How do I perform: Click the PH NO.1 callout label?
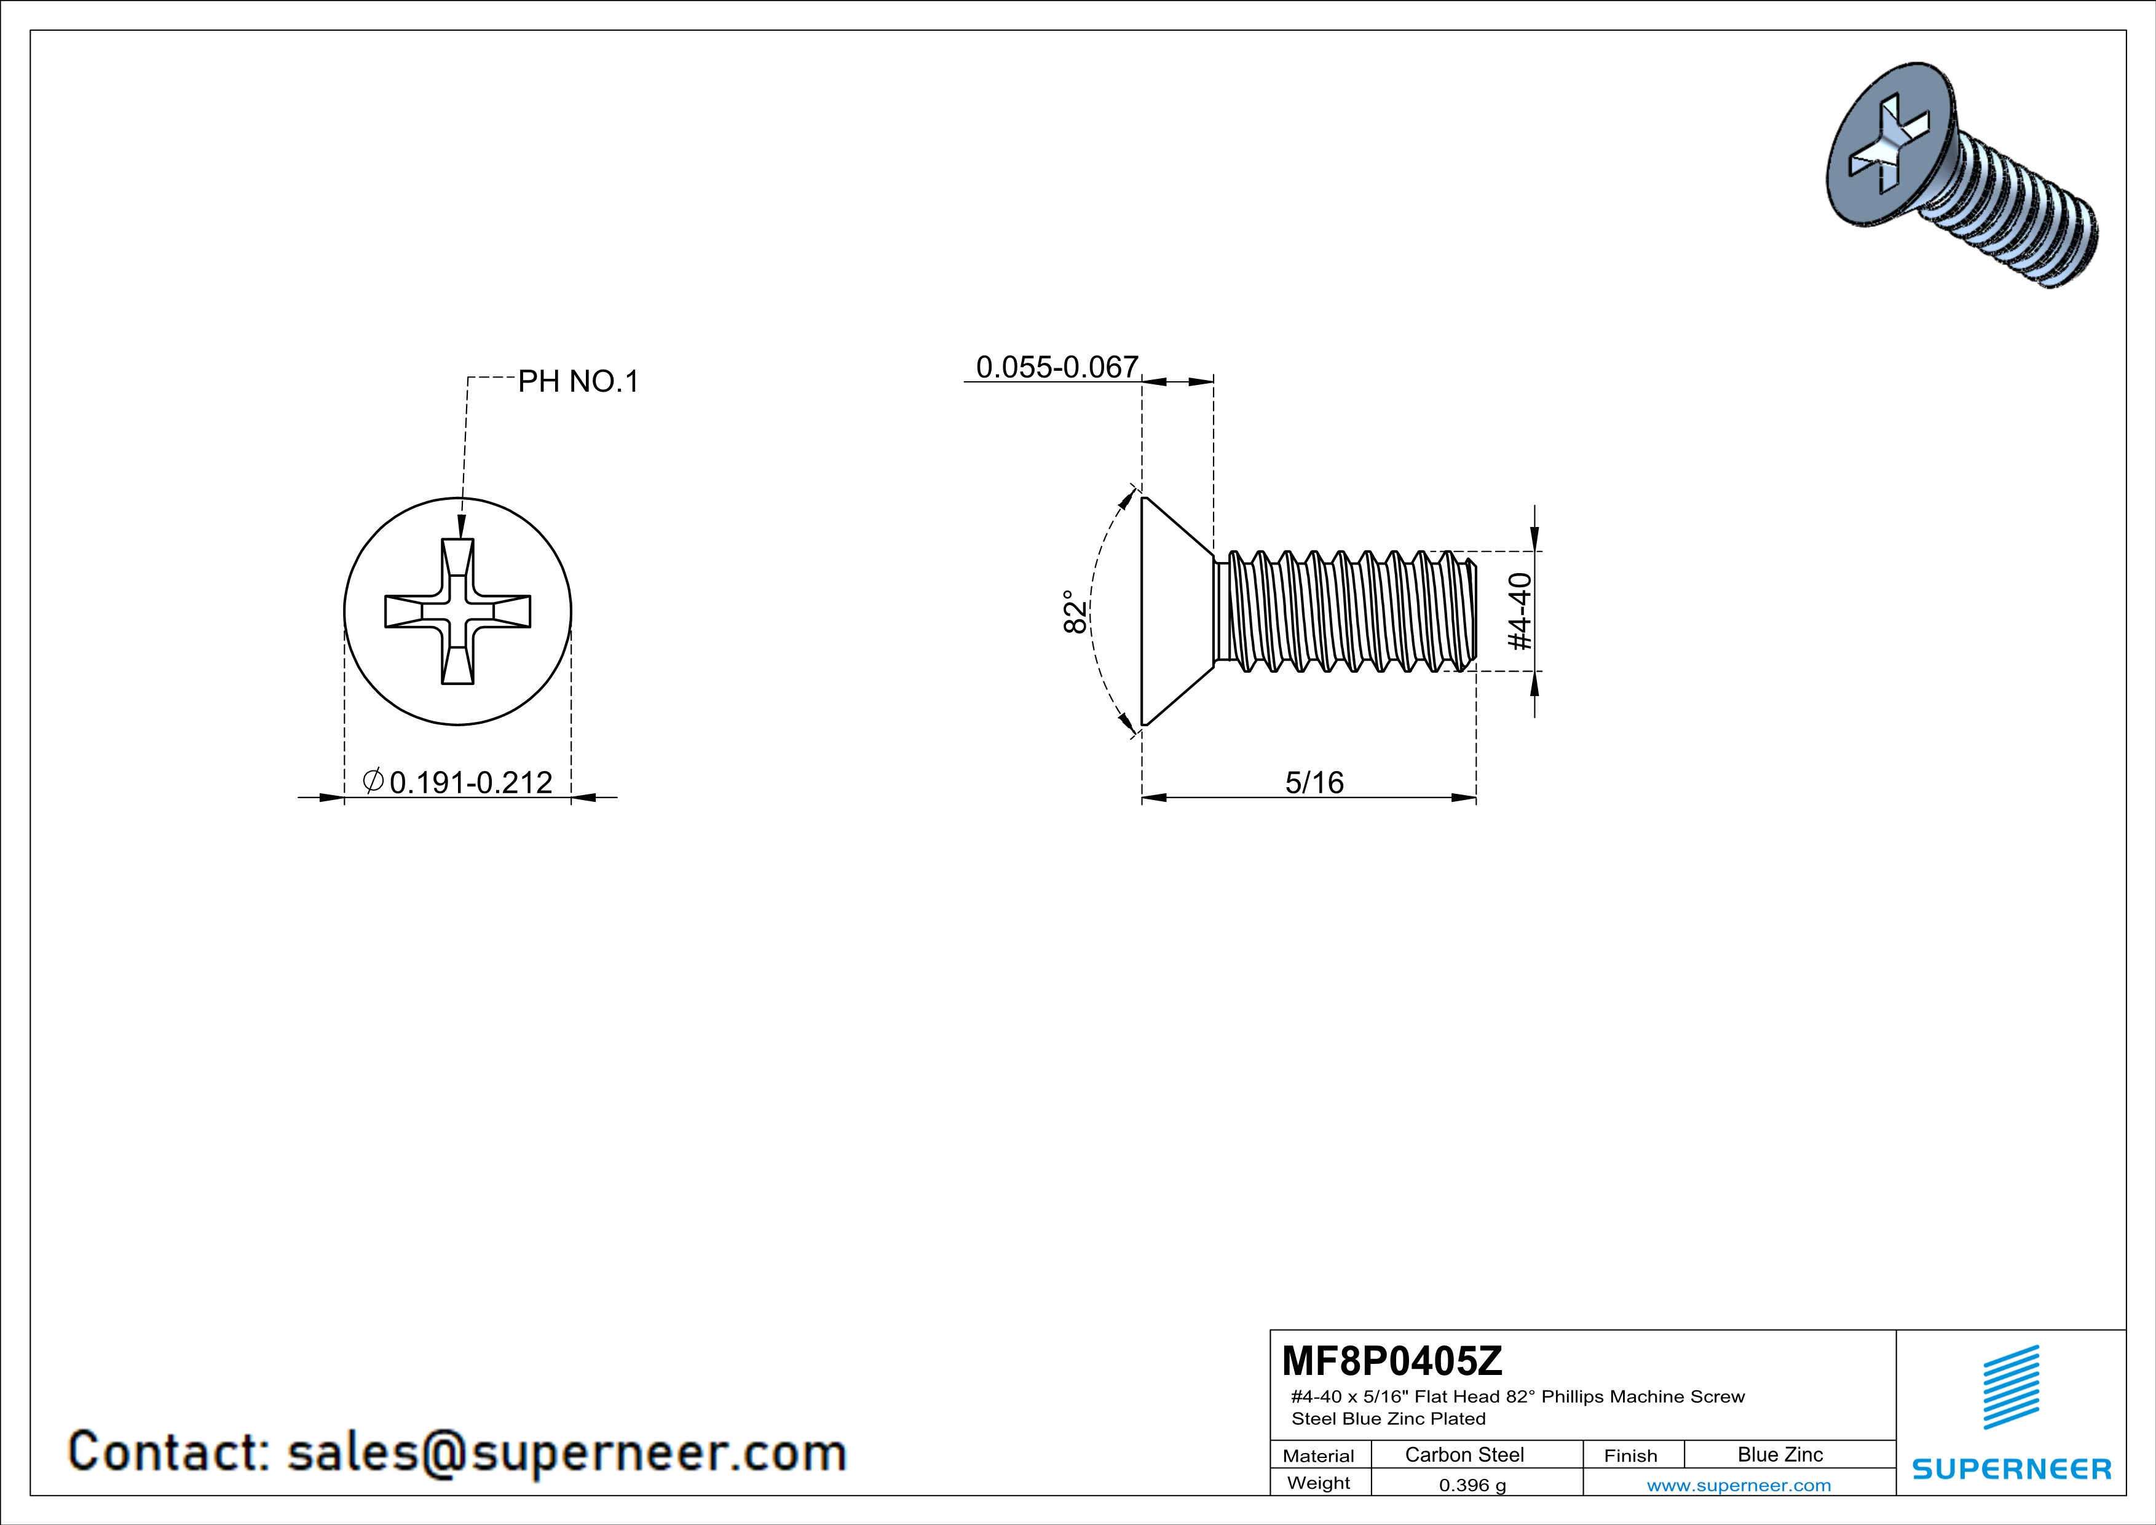coord(578,381)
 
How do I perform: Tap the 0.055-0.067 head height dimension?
coord(1057,367)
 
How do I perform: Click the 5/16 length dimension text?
coord(1314,782)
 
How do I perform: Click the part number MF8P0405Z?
coord(1392,1360)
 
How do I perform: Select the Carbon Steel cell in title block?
coord(1464,1454)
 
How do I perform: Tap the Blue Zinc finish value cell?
coord(1780,1454)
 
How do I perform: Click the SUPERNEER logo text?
coord(2012,1468)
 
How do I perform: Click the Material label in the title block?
coord(1319,1456)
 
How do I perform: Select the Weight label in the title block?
coord(1319,1483)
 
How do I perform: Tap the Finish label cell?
coord(1630,1456)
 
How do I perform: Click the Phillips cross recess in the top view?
coord(458,611)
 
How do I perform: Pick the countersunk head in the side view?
coord(1177,611)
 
